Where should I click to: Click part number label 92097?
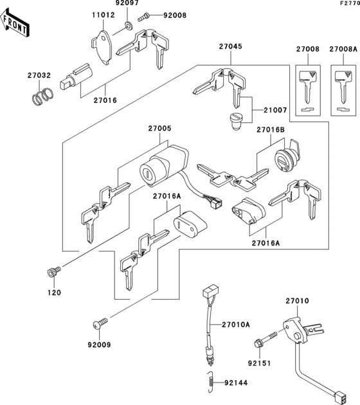pyautogui.click(x=127, y=4)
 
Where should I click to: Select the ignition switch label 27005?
pyautogui.click(x=159, y=129)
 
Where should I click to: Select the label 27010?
pyautogui.click(x=298, y=301)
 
